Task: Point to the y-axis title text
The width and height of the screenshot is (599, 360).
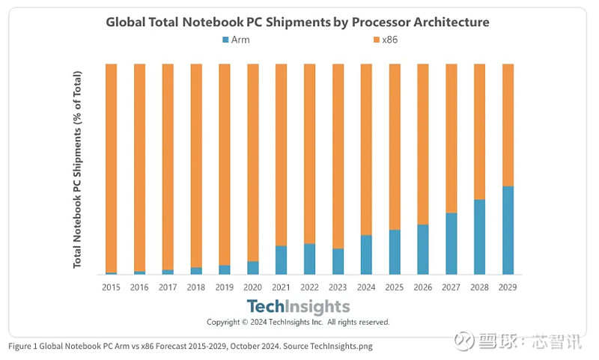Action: click(78, 170)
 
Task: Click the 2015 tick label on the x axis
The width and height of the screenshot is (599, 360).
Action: click(111, 286)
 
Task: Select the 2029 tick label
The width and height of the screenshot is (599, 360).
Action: click(508, 286)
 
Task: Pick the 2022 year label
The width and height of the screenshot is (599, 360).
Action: click(309, 286)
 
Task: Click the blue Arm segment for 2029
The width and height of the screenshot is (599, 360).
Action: click(508, 231)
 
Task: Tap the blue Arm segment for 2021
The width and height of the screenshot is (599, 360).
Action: click(281, 260)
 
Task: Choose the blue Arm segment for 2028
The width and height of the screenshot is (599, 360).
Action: click(479, 237)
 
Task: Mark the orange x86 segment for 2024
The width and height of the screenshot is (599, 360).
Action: click(366, 150)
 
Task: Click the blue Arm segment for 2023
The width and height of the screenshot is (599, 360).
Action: click(338, 261)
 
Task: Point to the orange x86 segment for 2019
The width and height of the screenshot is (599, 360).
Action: click(225, 165)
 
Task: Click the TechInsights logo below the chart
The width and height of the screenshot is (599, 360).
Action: click(299, 306)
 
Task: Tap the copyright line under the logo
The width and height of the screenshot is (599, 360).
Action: click(298, 322)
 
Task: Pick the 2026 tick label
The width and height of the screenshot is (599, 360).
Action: click(423, 286)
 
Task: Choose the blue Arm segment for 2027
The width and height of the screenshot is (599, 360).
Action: click(451, 244)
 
